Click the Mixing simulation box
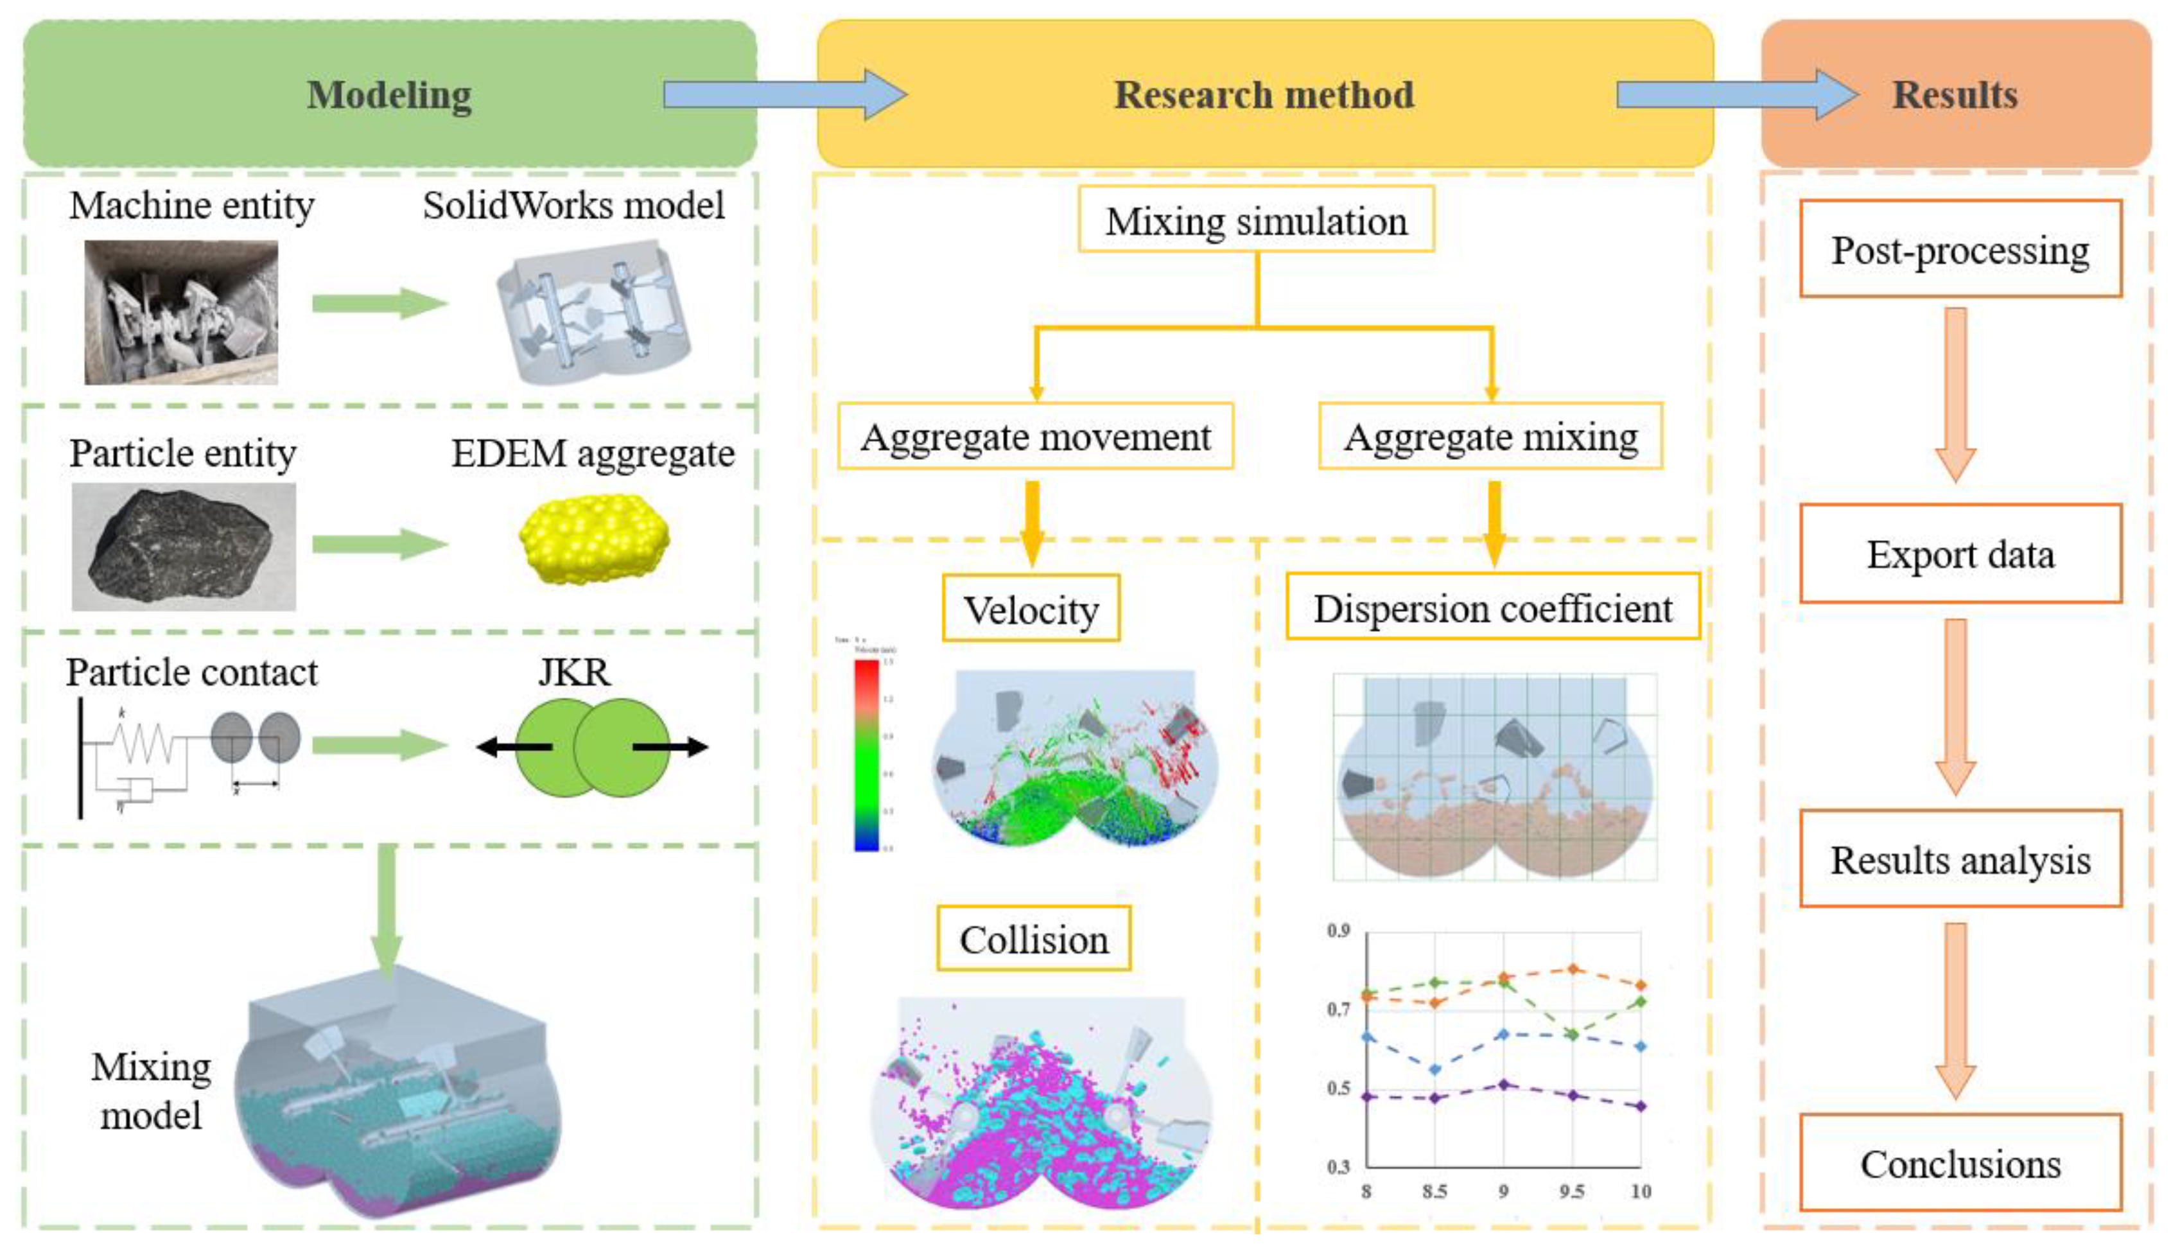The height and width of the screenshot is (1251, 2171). (1255, 220)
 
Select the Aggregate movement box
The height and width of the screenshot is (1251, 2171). (1035, 437)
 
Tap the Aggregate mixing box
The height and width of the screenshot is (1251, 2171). (1490, 437)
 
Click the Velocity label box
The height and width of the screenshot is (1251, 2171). (1031, 609)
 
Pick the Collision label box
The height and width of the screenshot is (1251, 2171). (1034, 938)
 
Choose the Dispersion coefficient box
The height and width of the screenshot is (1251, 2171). (1492, 608)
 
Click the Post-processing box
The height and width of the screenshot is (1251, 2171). (1960, 249)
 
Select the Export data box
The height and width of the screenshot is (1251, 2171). (1960, 554)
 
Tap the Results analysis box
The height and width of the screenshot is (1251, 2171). (1960, 859)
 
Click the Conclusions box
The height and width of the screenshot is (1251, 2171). (1960, 1162)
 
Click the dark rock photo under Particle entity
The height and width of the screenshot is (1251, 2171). (183, 547)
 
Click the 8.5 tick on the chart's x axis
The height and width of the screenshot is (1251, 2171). (1434, 1191)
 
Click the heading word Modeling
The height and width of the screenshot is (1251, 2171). (389, 94)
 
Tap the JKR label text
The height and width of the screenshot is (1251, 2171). (574, 671)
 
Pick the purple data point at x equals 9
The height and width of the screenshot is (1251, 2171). (1503, 1084)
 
